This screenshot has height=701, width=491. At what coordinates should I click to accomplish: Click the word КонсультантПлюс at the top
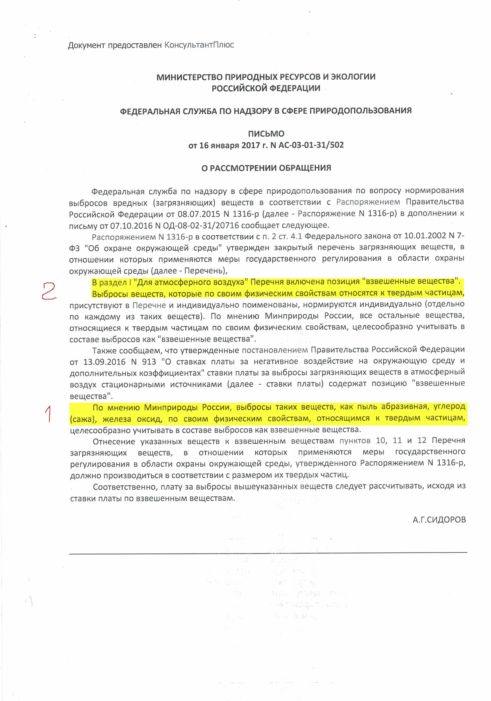pyautogui.click(x=199, y=45)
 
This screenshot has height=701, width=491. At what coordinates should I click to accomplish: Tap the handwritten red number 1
pyautogui.click(x=48, y=414)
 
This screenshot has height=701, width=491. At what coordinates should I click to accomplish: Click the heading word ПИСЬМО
pyautogui.click(x=266, y=134)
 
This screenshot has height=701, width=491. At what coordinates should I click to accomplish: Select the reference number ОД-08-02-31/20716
pyautogui.click(x=201, y=226)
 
